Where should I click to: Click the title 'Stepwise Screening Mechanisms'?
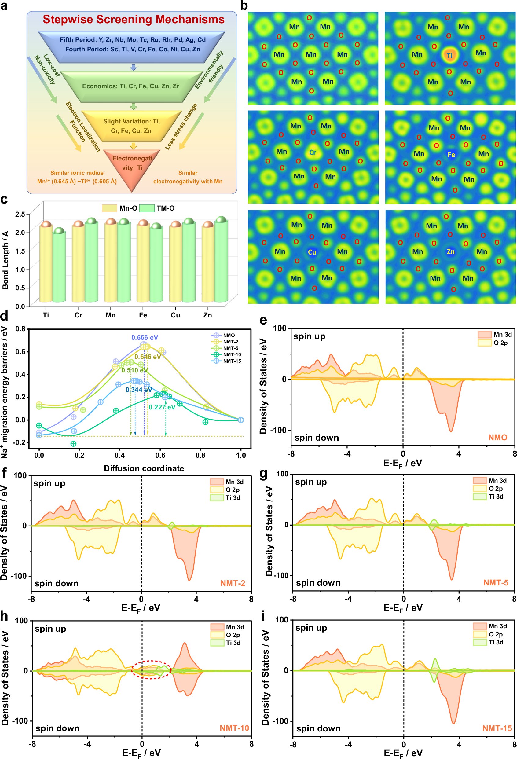click(x=134, y=19)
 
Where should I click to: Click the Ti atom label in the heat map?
click(x=450, y=56)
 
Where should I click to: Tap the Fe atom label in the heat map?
click(x=451, y=155)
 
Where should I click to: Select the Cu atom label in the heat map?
click(x=312, y=252)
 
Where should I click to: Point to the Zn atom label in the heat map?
click(x=450, y=251)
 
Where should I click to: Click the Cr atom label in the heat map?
click(x=312, y=152)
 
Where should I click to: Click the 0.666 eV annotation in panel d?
click(x=145, y=337)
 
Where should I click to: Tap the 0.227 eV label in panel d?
click(x=162, y=407)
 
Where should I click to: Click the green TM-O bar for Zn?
click(x=221, y=261)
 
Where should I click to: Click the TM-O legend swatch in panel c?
click(x=147, y=208)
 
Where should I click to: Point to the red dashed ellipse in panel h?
click(x=151, y=670)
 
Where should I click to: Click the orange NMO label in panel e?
click(x=497, y=437)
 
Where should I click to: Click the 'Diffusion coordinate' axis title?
click(x=144, y=468)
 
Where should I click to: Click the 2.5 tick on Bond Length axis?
click(x=20, y=214)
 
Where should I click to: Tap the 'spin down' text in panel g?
click(x=318, y=583)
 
